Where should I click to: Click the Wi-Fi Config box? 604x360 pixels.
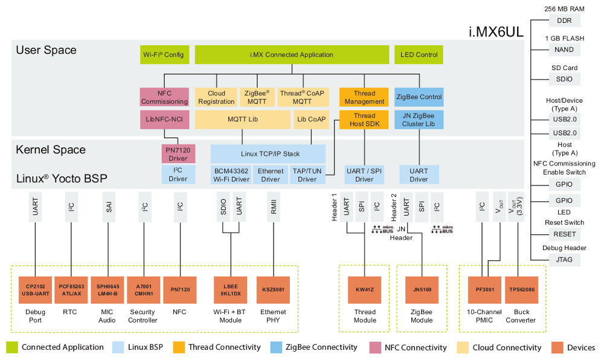click(164, 55)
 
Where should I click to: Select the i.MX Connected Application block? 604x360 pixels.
click(292, 55)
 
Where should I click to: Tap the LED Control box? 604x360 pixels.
click(419, 55)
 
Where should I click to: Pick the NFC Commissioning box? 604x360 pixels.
click(164, 97)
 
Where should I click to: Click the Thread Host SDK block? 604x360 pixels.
click(364, 120)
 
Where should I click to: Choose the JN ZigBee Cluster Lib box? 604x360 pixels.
click(419, 120)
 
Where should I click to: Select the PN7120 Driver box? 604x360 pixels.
click(178, 153)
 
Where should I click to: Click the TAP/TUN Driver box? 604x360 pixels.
click(307, 175)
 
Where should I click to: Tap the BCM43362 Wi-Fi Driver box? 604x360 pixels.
click(231, 175)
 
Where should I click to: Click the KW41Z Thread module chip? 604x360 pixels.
click(364, 289)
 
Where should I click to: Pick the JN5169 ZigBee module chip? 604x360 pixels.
click(422, 289)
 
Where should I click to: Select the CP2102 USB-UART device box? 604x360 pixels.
click(36, 289)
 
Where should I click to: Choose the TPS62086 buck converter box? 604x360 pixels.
click(522, 289)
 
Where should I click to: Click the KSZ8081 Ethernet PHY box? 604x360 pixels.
click(274, 289)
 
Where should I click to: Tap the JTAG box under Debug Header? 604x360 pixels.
click(564, 260)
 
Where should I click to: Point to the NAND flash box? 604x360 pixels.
click(564, 50)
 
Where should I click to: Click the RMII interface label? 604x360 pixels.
click(274, 207)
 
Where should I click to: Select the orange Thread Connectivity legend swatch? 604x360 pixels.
click(179, 347)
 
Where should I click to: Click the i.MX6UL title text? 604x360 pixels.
click(496, 31)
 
